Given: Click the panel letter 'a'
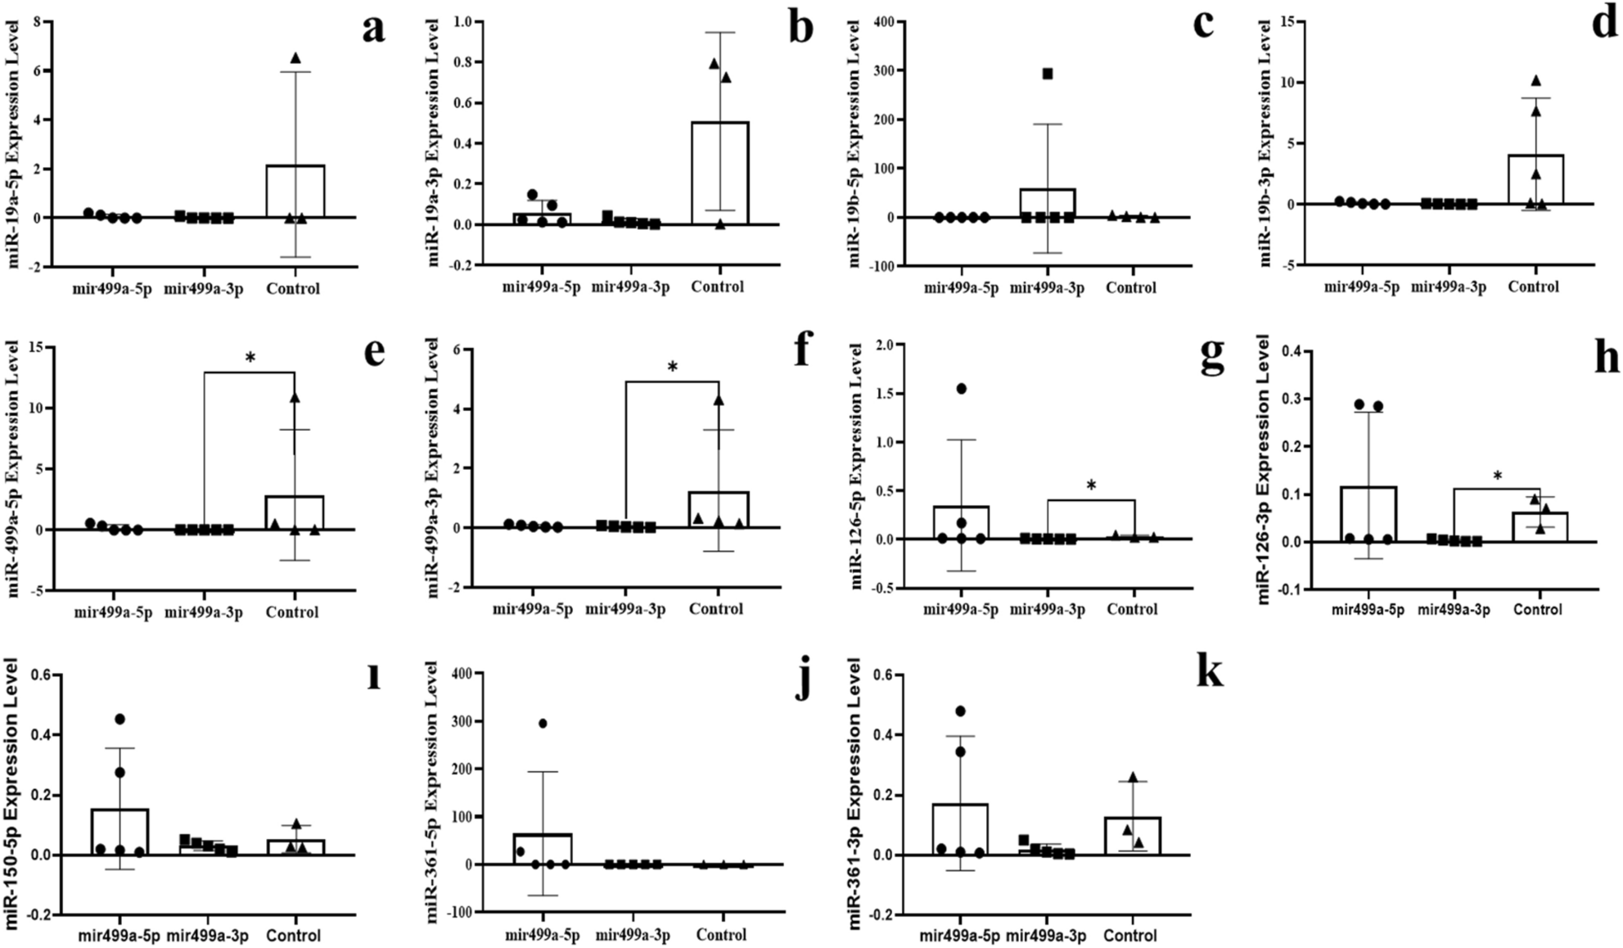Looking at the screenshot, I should (x=373, y=29).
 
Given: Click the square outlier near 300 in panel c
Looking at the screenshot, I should (x=1047, y=74).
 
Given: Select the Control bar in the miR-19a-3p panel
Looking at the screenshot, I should (x=719, y=173).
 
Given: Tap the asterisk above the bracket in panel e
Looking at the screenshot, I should (x=250, y=358).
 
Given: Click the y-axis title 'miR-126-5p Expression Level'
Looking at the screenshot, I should (x=856, y=466).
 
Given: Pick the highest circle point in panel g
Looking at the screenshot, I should (x=962, y=388).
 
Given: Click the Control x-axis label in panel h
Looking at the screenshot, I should (x=1537, y=609).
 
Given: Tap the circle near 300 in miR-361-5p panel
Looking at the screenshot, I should (x=542, y=723).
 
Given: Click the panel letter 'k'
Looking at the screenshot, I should (x=1209, y=673).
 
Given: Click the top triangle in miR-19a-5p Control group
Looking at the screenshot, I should (x=295, y=58).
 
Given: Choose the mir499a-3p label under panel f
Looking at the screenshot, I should (x=625, y=609).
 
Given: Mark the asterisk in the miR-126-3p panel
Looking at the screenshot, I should (x=1497, y=476).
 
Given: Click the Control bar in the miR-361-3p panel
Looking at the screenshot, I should (x=1132, y=836).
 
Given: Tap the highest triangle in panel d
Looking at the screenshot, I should (x=1535, y=80).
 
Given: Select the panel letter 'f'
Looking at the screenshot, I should (x=803, y=352).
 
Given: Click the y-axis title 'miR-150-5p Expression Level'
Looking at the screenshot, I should (x=11, y=793).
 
